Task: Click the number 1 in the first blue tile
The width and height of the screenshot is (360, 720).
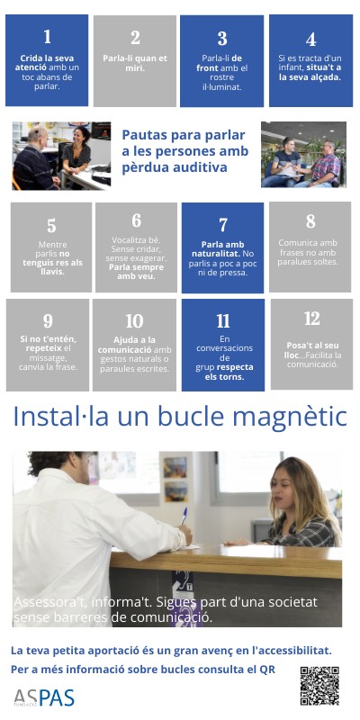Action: (x=47, y=37)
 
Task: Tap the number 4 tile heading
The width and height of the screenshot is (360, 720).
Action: (x=310, y=40)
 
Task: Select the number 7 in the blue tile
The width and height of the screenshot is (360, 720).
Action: (x=222, y=225)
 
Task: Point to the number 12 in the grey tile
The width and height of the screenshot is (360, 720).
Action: (x=311, y=319)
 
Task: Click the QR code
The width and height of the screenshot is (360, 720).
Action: (x=319, y=686)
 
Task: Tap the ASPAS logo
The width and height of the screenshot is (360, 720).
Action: (x=43, y=697)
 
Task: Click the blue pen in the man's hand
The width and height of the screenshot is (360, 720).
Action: (x=184, y=516)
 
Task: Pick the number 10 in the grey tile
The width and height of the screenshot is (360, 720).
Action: (x=134, y=321)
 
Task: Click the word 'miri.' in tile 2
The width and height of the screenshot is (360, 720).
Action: (x=135, y=68)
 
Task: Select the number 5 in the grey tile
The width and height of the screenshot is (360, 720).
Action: (x=51, y=226)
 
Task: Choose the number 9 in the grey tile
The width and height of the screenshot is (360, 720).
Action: (x=48, y=320)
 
